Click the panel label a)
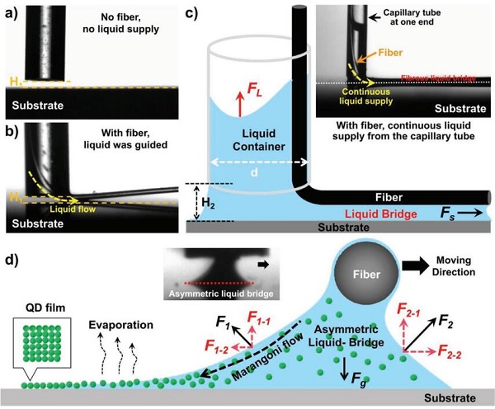click(x=11, y=11)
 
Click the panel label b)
click(x=11, y=129)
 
